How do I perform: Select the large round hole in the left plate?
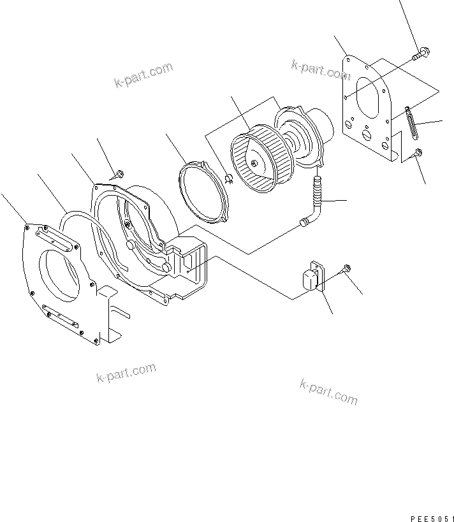pos(62,274)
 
